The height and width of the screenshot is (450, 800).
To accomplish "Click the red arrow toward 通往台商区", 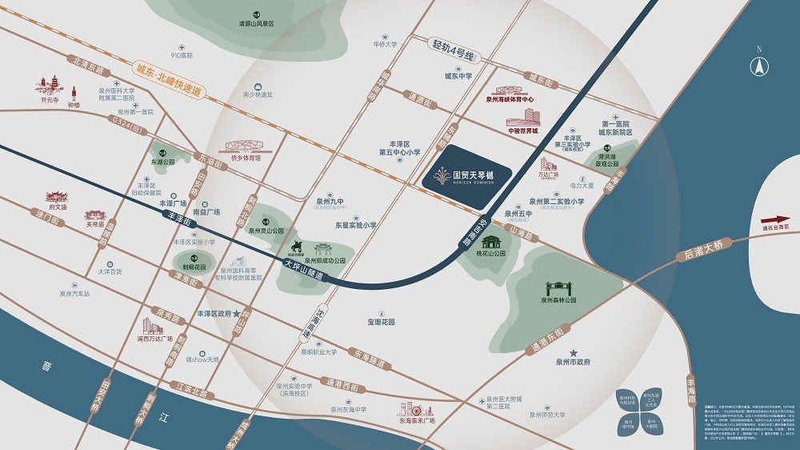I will [774, 219].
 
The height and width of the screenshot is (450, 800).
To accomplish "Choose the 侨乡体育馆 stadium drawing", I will [245, 147].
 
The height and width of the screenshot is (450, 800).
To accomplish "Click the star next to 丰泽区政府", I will [237, 314].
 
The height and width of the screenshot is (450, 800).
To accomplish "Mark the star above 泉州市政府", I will [573, 353].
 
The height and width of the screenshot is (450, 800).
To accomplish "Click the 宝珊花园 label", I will [382, 322].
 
